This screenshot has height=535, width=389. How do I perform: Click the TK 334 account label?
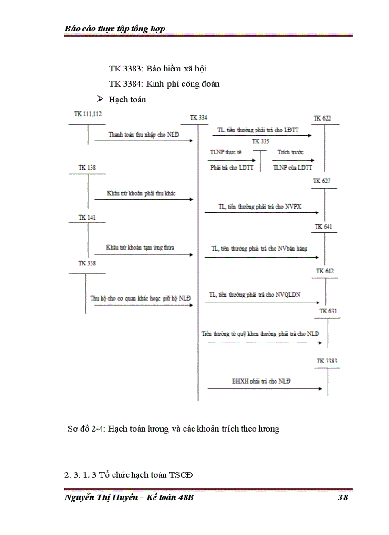[x=198, y=118]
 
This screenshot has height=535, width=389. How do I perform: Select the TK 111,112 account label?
[x=88, y=114]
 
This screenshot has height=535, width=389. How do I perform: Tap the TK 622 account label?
[x=322, y=118]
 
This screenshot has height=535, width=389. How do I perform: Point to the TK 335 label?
[x=260, y=141]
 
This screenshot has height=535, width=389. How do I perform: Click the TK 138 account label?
[x=87, y=168]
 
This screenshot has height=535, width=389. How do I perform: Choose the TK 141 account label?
[x=87, y=218]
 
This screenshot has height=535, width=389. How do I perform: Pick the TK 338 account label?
[x=87, y=263]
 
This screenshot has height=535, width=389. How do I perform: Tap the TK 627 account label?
[x=322, y=181]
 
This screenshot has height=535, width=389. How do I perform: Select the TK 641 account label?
[x=324, y=227]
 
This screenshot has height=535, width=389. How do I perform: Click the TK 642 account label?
[x=325, y=271]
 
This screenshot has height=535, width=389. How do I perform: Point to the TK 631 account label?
[x=328, y=312]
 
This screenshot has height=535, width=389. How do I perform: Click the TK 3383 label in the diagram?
[x=327, y=361]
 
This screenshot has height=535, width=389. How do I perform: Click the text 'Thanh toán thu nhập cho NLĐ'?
[x=143, y=135]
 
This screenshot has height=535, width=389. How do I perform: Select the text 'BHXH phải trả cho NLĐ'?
[x=261, y=381]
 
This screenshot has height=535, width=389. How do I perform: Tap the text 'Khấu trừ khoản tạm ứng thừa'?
[x=140, y=248]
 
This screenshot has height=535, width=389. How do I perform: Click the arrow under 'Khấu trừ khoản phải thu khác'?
[x=143, y=200]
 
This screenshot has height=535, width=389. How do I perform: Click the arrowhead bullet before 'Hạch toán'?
[x=100, y=99]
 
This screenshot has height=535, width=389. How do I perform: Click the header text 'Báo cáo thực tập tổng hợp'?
[x=115, y=29]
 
